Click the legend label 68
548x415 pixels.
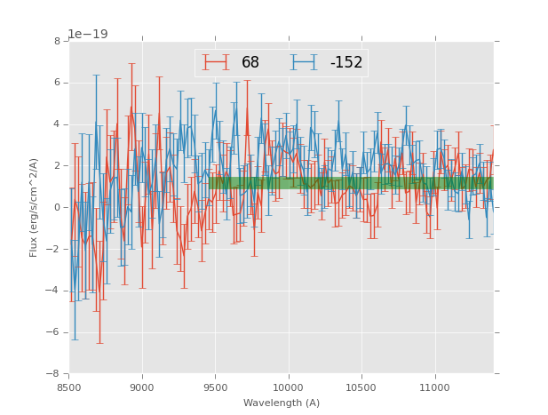[x=250, y=63]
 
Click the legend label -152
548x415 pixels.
[x=345, y=63]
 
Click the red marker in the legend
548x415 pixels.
[x=216, y=62]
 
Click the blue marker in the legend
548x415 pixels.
[x=305, y=62]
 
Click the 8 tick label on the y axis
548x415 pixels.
[x=57, y=42]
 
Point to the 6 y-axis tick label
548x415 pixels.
[x=57, y=83]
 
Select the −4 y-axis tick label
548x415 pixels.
[x=54, y=291]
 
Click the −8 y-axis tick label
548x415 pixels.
[x=54, y=374]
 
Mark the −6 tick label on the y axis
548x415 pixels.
[x=54, y=332]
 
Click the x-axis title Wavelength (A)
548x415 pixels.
[x=282, y=403]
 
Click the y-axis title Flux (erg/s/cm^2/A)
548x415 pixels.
[x=34, y=207]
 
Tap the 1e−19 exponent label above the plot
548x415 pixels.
[x=87, y=35]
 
